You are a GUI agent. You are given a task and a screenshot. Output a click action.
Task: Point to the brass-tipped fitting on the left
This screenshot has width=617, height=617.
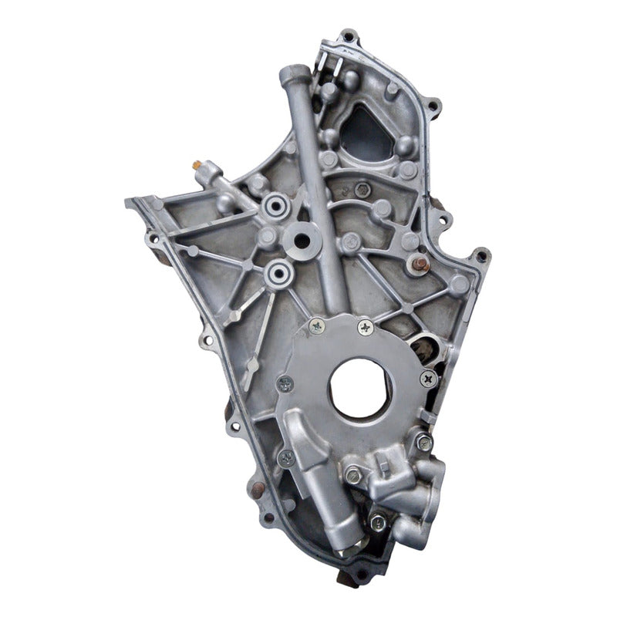point(197,165)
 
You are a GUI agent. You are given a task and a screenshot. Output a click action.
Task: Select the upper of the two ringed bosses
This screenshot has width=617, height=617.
point(275,205)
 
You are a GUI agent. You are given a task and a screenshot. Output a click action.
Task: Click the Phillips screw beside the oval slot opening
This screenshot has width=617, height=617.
point(428,379)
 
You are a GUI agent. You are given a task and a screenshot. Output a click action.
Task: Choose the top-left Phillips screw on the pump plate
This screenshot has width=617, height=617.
point(317,326)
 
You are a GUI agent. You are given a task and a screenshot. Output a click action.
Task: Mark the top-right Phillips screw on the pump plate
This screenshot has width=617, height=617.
point(364,328)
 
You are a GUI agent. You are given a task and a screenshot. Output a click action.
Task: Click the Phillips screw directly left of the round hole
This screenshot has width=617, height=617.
point(285,383)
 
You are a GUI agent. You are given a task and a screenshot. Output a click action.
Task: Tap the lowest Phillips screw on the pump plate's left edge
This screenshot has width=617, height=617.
point(286,457)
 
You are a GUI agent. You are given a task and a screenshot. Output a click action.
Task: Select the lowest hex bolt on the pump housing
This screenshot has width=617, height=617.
point(378,522)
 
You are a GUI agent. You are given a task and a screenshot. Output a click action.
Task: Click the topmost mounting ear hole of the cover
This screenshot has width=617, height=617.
point(349,35)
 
